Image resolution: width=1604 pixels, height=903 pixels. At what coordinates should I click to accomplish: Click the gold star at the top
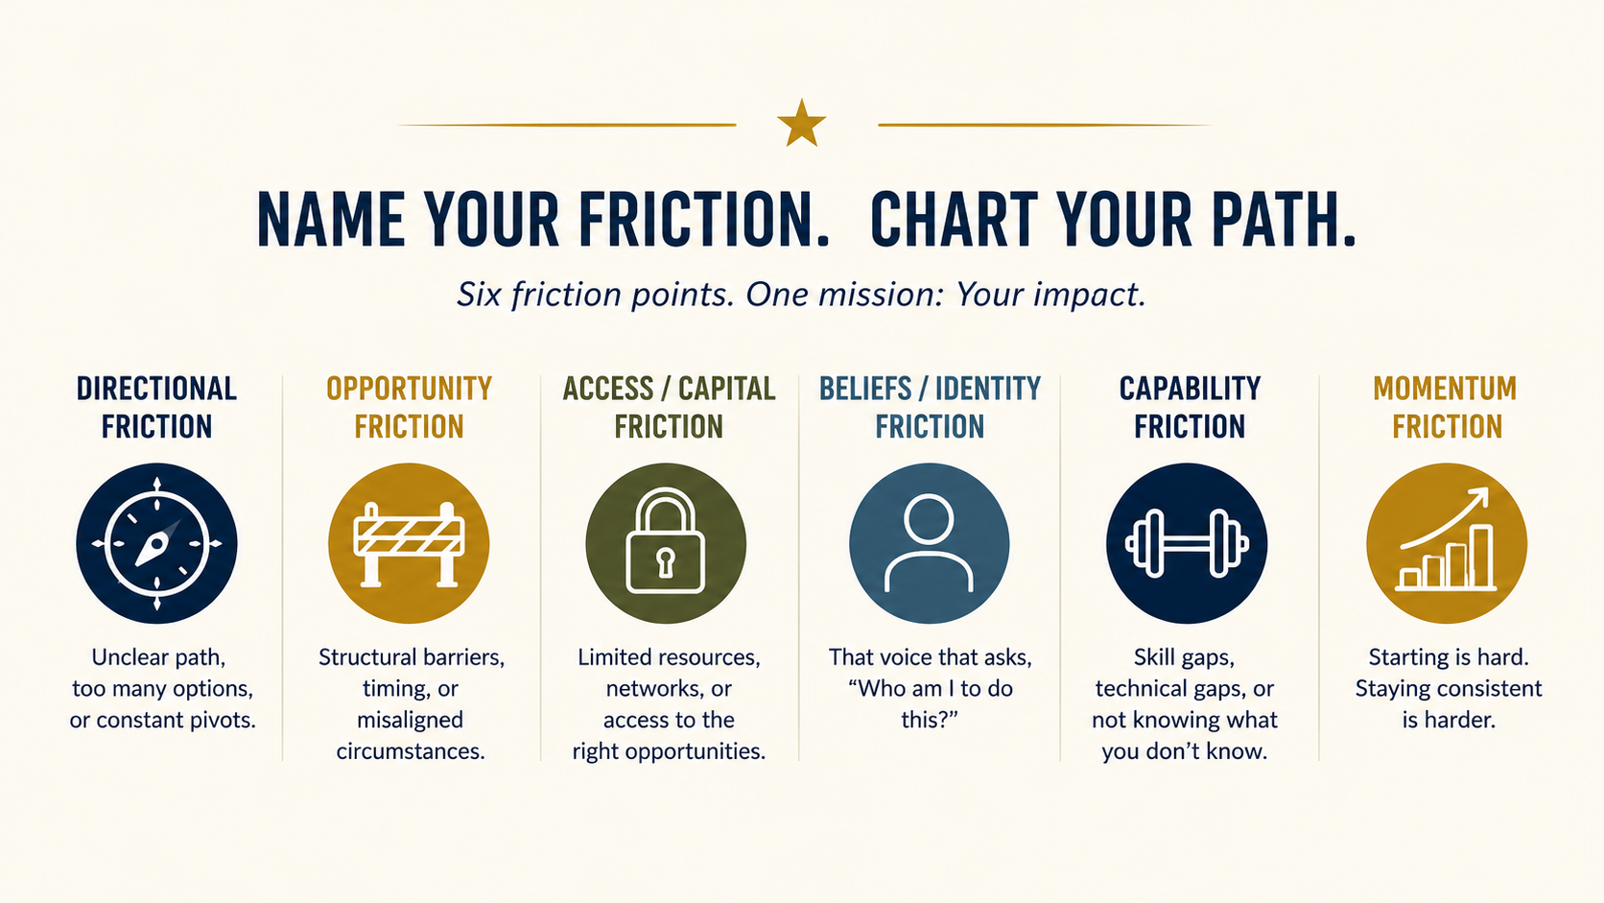click(x=801, y=123)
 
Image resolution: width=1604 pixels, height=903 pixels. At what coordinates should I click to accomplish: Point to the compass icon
click(x=156, y=543)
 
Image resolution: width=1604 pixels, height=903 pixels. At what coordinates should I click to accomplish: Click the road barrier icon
click(x=409, y=544)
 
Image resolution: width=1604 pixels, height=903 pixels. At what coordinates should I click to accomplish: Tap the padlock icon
click(x=665, y=541)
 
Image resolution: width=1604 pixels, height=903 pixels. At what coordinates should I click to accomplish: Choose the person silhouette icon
click(x=929, y=542)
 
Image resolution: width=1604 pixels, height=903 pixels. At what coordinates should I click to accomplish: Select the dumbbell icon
click(x=1187, y=543)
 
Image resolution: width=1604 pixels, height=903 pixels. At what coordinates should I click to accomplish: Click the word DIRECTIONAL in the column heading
click(x=156, y=389)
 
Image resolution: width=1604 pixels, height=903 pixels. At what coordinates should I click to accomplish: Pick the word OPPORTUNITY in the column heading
click(x=409, y=389)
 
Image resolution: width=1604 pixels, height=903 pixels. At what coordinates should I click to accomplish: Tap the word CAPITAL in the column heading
click(x=727, y=389)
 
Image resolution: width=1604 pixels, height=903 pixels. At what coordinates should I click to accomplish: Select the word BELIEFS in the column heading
click(x=865, y=389)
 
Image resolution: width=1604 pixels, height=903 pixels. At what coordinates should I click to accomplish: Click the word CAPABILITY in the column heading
click(x=1190, y=389)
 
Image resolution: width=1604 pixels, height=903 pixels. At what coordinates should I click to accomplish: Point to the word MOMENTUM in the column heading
click(x=1445, y=389)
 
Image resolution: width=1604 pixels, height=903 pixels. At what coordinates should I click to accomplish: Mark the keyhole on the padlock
click(x=665, y=562)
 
